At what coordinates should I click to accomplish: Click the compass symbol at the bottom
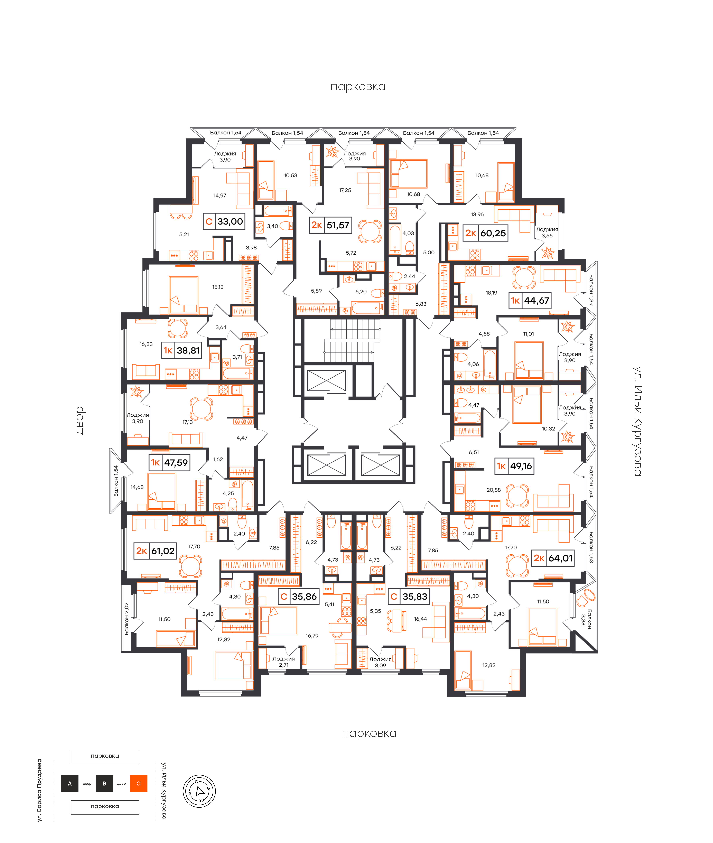(199, 791)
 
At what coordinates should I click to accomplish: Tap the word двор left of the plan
(80, 421)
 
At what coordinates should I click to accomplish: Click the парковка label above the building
(358, 87)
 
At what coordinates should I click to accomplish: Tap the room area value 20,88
(493, 490)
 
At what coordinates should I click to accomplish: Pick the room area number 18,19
(491, 293)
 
